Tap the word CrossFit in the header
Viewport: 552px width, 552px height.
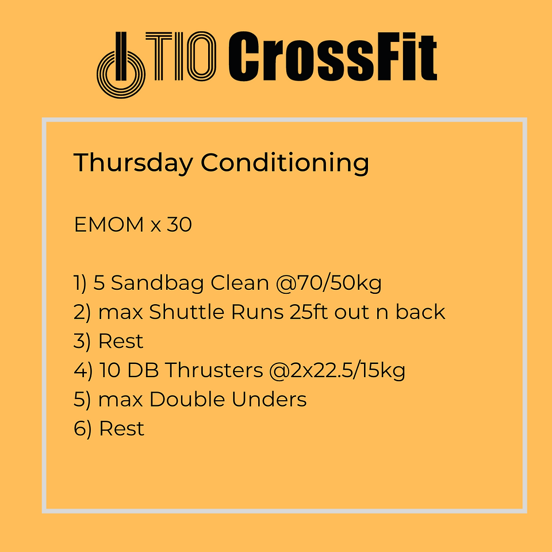pyautogui.click(x=333, y=56)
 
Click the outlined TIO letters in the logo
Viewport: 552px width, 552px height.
pyautogui.click(x=181, y=56)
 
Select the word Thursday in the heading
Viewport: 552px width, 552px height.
pyautogui.click(x=133, y=163)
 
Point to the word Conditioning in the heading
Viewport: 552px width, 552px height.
pyautogui.click(x=285, y=163)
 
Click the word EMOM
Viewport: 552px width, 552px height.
pyautogui.click(x=109, y=224)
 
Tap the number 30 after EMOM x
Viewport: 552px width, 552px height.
pyautogui.click(x=179, y=224)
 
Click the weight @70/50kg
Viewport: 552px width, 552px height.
pyautogui.click(x=329, y=283)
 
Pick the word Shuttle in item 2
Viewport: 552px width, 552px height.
pyautogui.click(x=186, y=312)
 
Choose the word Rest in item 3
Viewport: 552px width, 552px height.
pyautogui.click(x=121, y=341)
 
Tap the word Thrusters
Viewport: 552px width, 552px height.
pyautogui.click(x=214, y=370)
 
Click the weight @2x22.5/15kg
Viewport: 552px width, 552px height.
pyautogui.click(x=338, y=371)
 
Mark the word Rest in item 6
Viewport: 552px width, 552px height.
pyautogui.click(x=121, y=428)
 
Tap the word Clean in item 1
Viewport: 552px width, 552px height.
pyautogui.click(x=240, y=283)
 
